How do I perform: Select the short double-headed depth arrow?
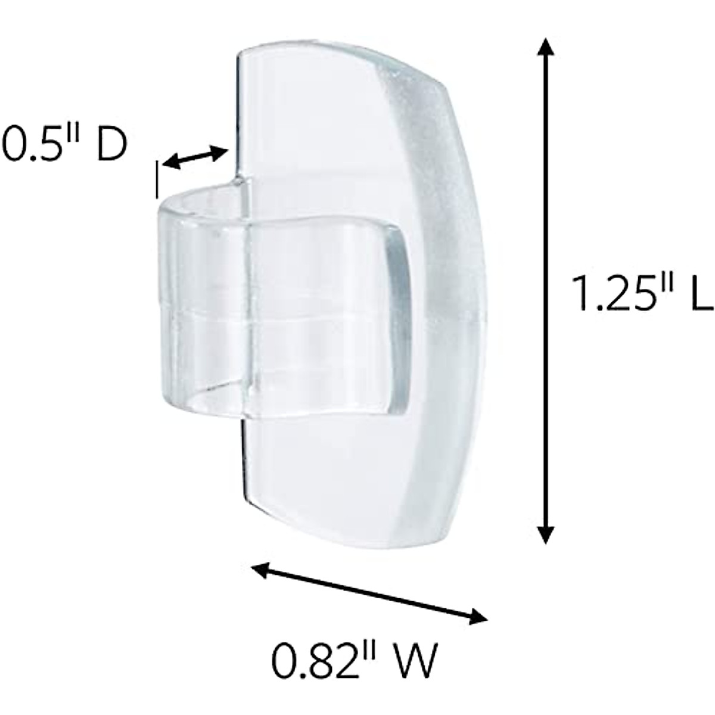pos(195,158)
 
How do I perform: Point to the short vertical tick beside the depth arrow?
pos(157,179)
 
